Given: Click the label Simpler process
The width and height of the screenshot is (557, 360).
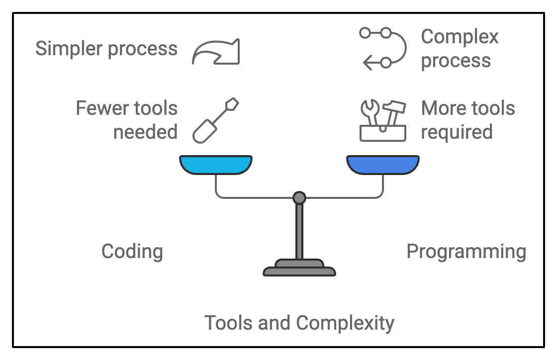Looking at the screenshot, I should click(x=106, y=49).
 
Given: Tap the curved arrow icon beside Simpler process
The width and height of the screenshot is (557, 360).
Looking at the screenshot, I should click(x=216, y=52).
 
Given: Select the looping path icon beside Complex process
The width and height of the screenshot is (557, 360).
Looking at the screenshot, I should click(x=382, y=48).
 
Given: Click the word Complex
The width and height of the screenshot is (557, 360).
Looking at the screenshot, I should click(x=460, y=37).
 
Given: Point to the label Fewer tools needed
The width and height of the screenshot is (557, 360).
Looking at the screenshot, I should click(x=126, y=120).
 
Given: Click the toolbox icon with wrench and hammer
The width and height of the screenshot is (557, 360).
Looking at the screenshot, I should click(x=382, y=121).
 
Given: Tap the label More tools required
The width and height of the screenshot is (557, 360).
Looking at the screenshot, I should click(x=467, y=120).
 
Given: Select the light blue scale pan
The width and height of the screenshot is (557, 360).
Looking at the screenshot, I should click(x=215, y=165).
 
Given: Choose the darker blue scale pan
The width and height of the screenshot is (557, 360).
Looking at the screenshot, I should click(x=382, y=165).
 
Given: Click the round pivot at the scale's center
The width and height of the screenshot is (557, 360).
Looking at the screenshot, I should click(x=299, y=198).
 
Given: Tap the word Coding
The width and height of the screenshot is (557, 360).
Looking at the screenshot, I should click(x=132, y=252).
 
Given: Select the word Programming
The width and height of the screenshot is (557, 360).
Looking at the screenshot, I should click(x=466, y=252).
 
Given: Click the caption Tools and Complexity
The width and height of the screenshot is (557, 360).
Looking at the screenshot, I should click(x=299, y=323).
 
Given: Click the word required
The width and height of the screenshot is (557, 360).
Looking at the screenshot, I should click(x=456, y=132).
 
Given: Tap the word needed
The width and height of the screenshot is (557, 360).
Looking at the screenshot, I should click(x=145, y=132).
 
